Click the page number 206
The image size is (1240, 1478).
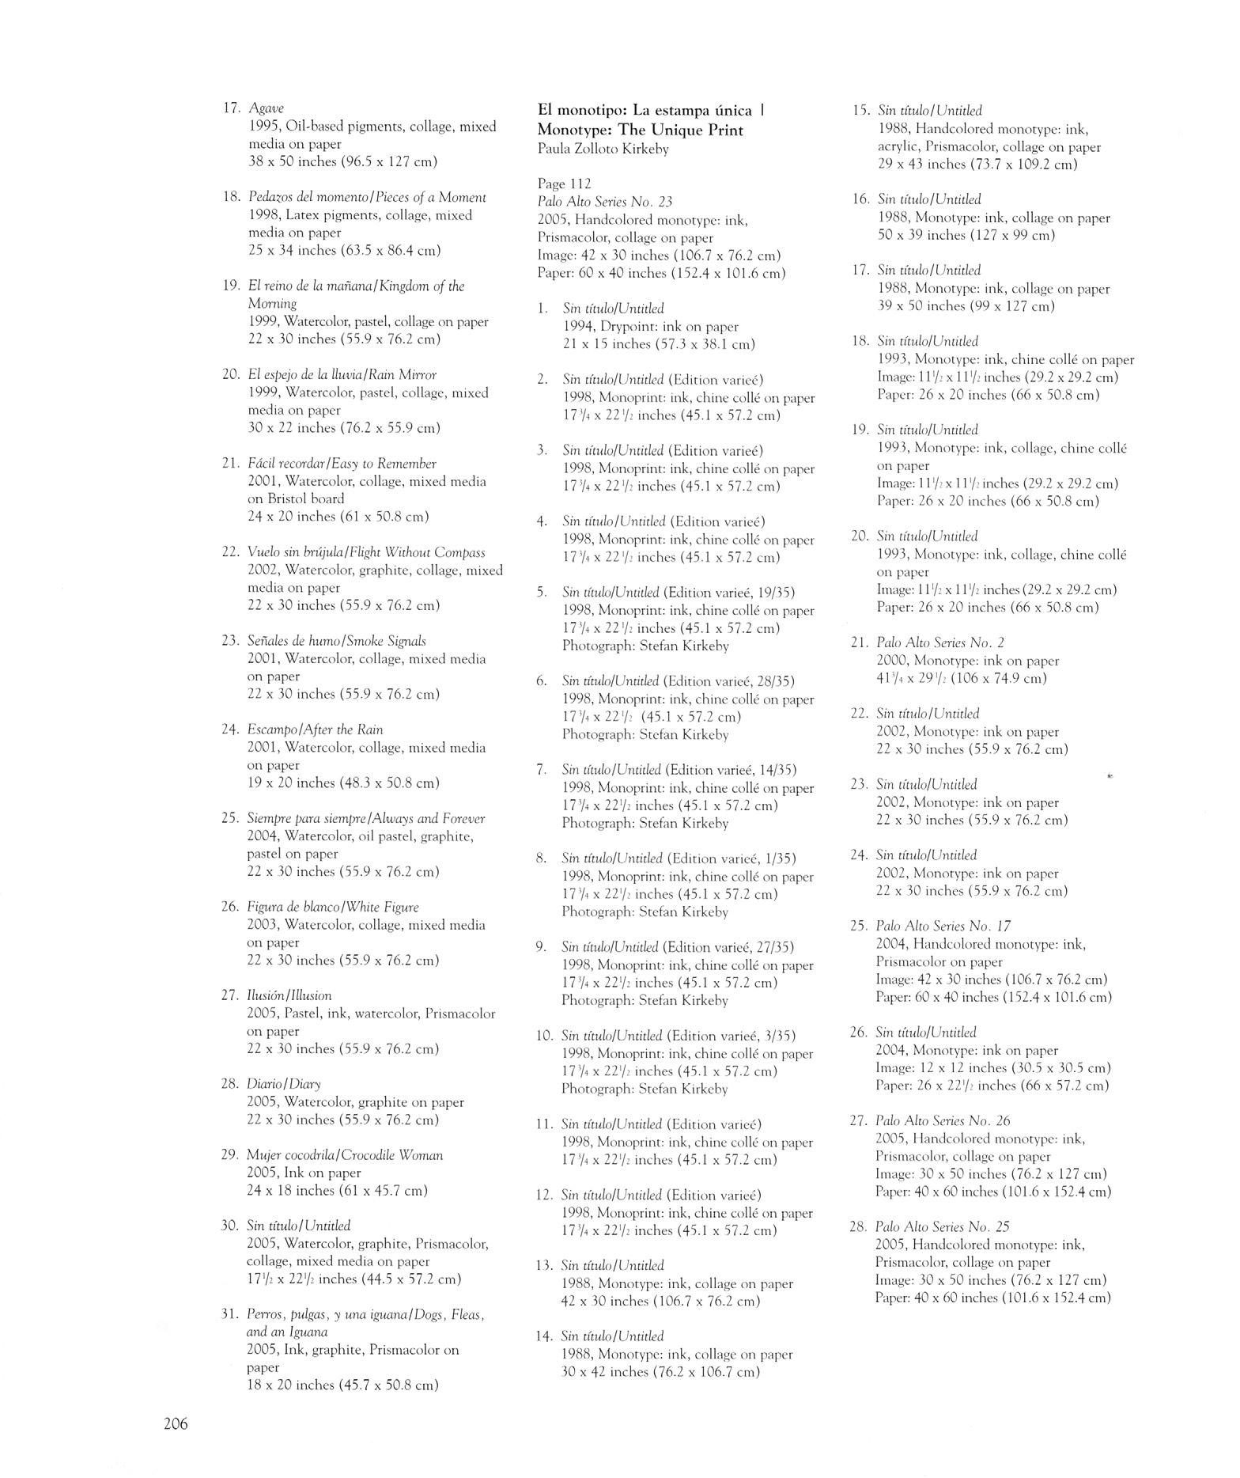[x=176, y=1425]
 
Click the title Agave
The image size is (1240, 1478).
[x=266, y=108]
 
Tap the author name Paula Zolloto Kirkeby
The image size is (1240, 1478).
[x=603, y=149]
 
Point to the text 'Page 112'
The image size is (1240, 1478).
[x=565, y=184]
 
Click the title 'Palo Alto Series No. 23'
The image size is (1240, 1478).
[x=605, y=202]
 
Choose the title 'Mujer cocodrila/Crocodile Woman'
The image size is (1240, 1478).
[x=345, y=1155]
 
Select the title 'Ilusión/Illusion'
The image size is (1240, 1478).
[x=289, y=995]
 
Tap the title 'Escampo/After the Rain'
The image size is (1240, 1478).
[x=316, y=730]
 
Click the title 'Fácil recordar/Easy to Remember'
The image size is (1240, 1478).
[x=342, y=464]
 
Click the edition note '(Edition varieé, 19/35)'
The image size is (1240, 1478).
[x=729, y=593]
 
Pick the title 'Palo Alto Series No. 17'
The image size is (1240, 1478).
[x=943, y=926]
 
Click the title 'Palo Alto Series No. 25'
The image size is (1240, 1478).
[x=943, y=1226]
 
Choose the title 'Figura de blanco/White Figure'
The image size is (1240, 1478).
[x=333, y=907]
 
